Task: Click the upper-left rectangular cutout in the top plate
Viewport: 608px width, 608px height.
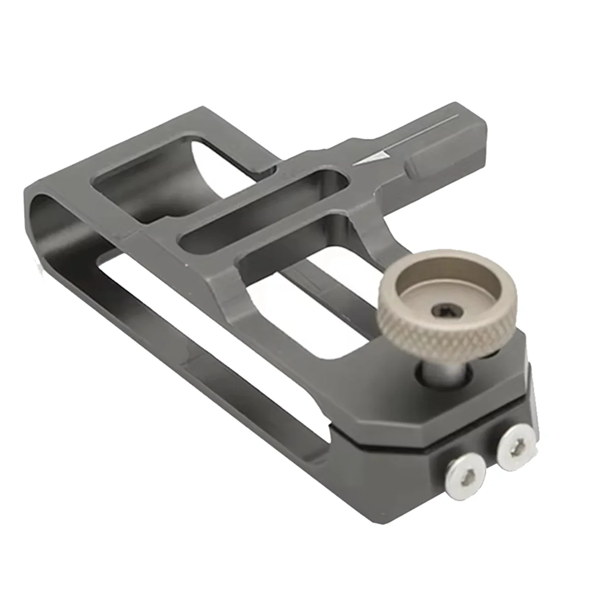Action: point(167,177)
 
